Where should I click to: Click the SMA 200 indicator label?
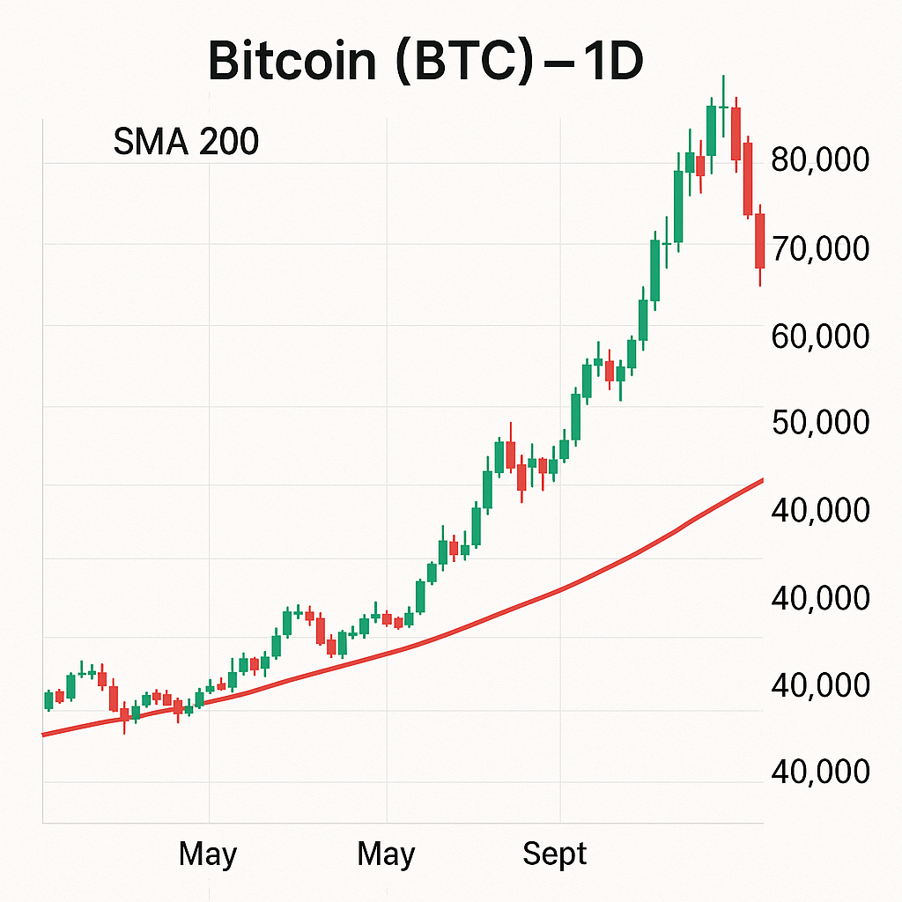[186, 142]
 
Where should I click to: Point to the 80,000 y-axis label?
[819, 160]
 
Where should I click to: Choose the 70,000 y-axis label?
[819, 248]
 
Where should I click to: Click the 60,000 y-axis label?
[819, 336]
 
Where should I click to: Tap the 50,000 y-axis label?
[819, 423]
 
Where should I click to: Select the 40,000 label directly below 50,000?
[819, 510]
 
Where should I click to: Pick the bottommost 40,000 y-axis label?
[819, 772]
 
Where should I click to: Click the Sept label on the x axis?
[554, 854]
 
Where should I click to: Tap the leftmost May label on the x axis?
[208, 854]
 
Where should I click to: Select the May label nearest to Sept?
[387, 854]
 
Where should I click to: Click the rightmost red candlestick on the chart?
[759, 240]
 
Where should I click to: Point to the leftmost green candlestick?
[48, 701]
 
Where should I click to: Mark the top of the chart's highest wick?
[722, 77]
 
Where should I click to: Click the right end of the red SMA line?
[761, 480]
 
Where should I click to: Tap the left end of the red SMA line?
[44, 734]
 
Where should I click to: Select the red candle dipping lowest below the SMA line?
[124, 715]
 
